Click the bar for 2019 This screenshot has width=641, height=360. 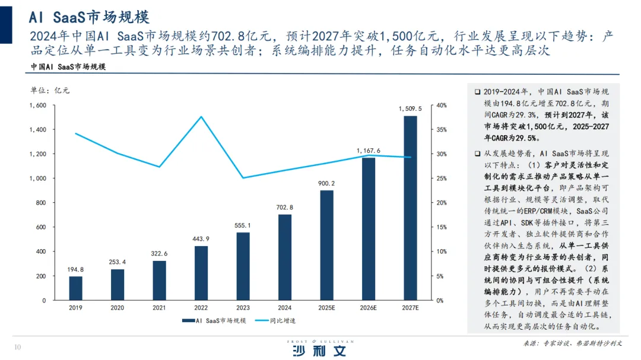(x=75, y=288)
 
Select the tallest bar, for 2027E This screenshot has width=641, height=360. (x=411, y=208)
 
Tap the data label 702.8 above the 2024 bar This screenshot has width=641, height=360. (x=284, y=208)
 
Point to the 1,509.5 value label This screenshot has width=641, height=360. (x=410, y=109)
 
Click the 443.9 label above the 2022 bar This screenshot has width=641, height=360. (x=201, y=239)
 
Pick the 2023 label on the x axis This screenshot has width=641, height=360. (x=243, y=308)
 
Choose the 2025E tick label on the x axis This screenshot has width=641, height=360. (x=326, y=308)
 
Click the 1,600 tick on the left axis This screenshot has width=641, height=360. (x=37, y=106)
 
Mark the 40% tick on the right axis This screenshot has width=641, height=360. (x=442, y=106)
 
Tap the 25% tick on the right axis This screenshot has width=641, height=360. (x=442, y=179)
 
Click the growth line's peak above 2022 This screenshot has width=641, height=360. (x=201, y=117)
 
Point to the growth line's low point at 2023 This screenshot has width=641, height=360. (x=243, y=178)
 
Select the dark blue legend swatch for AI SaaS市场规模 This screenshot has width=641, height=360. (x=189, y=321)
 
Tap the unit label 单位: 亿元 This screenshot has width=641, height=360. (x=50, y=90)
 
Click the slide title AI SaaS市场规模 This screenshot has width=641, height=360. (x=89, y=17)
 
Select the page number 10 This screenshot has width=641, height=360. (x=18, y=348)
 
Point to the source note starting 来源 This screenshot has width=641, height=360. (x=572, y=343)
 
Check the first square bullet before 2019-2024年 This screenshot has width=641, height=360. (x=477, y=92)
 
